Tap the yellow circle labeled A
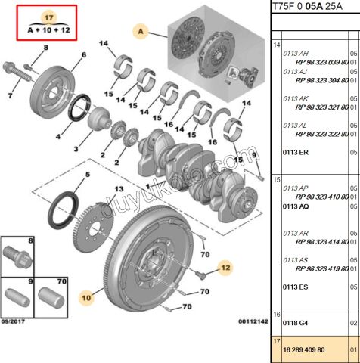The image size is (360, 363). pyautogui.click(x=140, y=31)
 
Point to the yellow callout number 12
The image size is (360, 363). pyautogui.click(x=225, y=266)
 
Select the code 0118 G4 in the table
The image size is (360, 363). pyautogui.click(x=294, y=322)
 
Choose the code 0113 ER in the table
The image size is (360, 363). pyautogui.click(x=295, y=152)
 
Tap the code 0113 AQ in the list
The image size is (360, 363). pyautogui.click(x=295, y=206)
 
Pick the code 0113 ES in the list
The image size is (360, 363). pyautogui.click(x=295, y=287)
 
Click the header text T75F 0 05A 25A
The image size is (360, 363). pyautogui.click(x=312, y=8)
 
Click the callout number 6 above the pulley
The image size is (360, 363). pyautogui.click(x=84, y=55)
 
